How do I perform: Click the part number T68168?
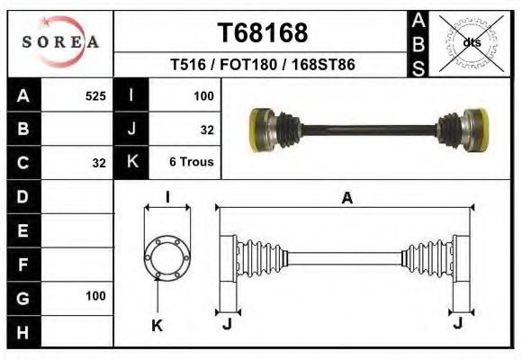pos(263,33)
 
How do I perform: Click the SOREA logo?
pos(60,41)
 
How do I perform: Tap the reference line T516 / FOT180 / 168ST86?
pos(263,66)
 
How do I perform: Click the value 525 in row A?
pos(94,95)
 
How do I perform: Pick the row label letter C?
pos(23,163)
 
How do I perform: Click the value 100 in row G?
pos(94,295)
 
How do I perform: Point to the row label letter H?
pos(23,332)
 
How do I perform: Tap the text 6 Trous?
pos(191,163)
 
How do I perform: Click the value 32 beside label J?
pos(206,130)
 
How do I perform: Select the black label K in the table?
pos(132,163)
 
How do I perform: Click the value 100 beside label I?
pos(202,95)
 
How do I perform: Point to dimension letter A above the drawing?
pos(346,199)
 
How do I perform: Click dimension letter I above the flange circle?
pos(167,198)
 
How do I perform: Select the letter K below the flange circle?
pos(156,326)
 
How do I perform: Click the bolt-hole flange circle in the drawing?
pos(167,256)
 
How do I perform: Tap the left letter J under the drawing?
pos(227,323)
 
